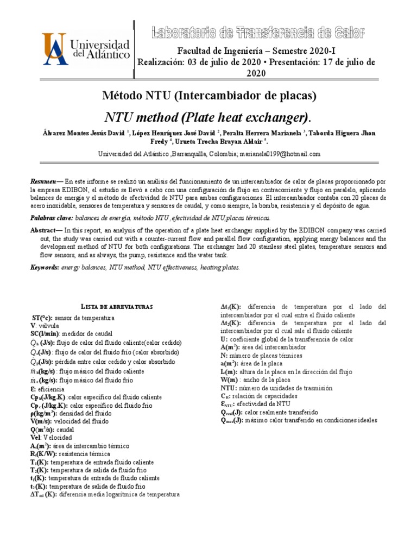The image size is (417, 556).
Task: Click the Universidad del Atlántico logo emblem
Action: click(x=54, y=48)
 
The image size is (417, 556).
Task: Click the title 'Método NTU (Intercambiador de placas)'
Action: click(x=208, y=96)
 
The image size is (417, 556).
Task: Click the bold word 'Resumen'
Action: click(x=42, y=180)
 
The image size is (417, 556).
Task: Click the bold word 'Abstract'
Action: click(x=42, y=230)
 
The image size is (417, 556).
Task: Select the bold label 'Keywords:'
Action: click(x=45, y=268)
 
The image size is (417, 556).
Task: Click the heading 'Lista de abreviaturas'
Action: click(x=109, y=307)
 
